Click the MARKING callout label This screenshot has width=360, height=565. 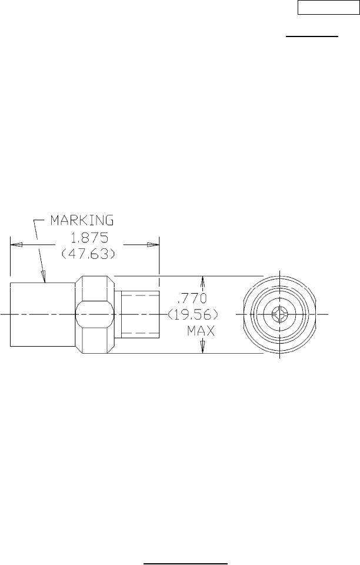click(82, 221)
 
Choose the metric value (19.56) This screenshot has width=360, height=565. click(193, 314)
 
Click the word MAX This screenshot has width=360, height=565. click(201, 332)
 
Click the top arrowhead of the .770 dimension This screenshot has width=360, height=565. click(203, 280)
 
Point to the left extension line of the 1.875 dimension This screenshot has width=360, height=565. click(10, 259)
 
